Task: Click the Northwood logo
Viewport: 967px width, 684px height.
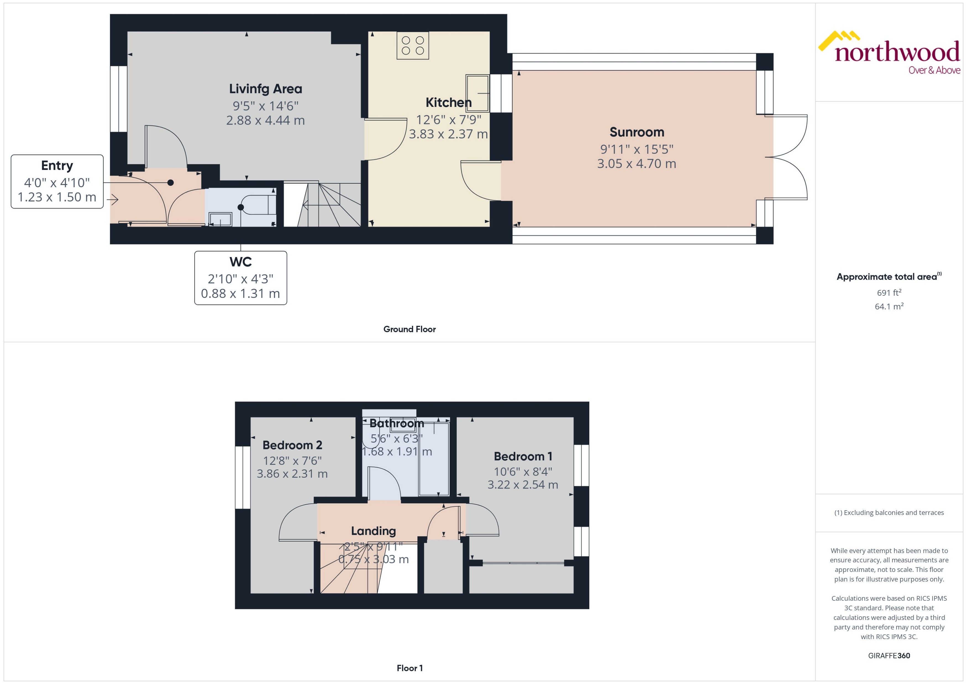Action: (x=889, y=53)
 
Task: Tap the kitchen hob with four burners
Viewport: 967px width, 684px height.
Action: (x=412, y=46)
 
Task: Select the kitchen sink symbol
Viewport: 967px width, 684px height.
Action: (x=477, y=93)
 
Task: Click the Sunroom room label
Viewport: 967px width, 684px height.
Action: (x=637, y=132)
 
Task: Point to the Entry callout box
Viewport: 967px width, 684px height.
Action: (x=57, y=181)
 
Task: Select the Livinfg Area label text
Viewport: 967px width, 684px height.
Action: (x=266, y=89)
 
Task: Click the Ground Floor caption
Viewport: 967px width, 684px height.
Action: (x=409, y=329)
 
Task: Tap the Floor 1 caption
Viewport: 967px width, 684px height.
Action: (x=409, y=668)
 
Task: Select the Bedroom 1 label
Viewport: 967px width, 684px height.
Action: (x=522, y=456)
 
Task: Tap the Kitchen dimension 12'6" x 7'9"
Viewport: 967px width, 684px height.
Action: (x=448, y=120)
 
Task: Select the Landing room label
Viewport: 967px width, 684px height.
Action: (x=373, y=531)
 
